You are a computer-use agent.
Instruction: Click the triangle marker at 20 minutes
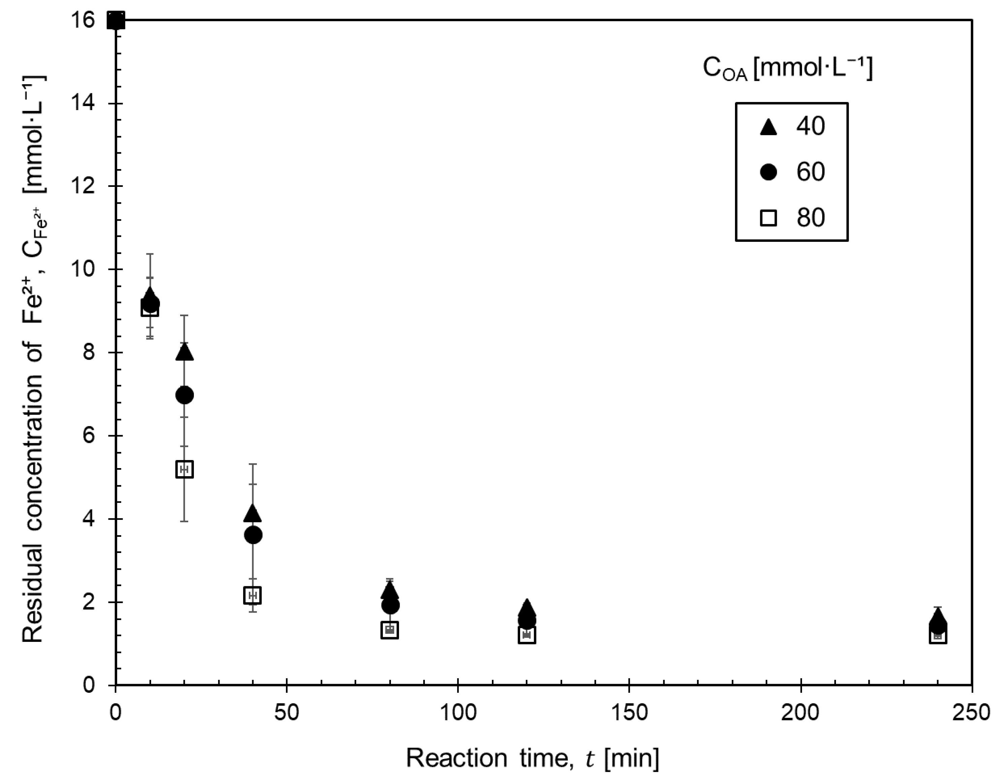click(x=185, y=353)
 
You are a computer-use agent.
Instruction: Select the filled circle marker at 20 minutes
click(x=185, y=395)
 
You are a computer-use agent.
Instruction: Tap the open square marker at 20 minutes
click(x=185, y=469)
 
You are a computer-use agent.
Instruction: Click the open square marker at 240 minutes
click(x=938, y=636)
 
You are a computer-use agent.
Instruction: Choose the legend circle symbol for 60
click(x=769, y=172)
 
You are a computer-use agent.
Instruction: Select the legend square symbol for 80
click(x=769, y=218)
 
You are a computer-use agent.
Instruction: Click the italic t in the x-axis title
click(x=590, y=759)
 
